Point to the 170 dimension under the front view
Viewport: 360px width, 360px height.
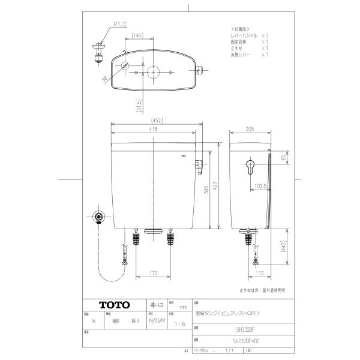click(154, 274)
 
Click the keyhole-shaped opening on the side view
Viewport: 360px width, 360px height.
click(250, 166)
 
